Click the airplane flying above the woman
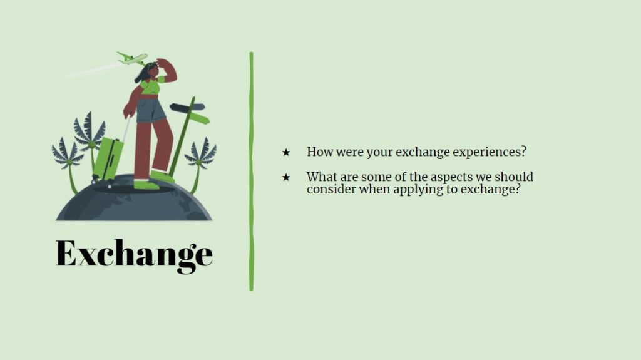click(x=131, y=58)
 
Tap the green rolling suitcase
click(x=108, y=159)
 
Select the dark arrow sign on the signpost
click(x=187, y=107)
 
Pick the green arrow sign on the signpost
click(x=200, y=118)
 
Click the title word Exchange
click(x=134, y=255)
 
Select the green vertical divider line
click(x=252, y=171)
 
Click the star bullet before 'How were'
click(x=285, y=152)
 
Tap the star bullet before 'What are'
click(x=285, y=177)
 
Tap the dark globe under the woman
click(x=134, y=199)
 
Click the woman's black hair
click(x=144, y=73)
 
